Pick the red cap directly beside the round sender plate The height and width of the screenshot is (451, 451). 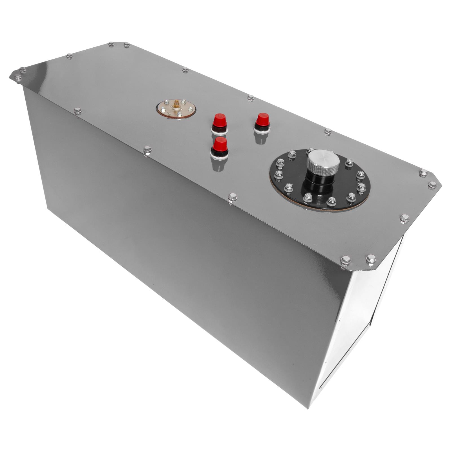pyautogui.click(x=220, y=121)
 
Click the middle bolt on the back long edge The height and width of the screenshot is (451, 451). pyautogui.click(x=251, y=98)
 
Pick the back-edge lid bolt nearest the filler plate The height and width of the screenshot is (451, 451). pyautogui.click(x=328, y=131)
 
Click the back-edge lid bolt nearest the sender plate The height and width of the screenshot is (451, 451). pyautogui.click(x=185, y=69)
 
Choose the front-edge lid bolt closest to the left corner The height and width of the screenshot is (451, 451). pyautogui.click(x=78, y=111)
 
